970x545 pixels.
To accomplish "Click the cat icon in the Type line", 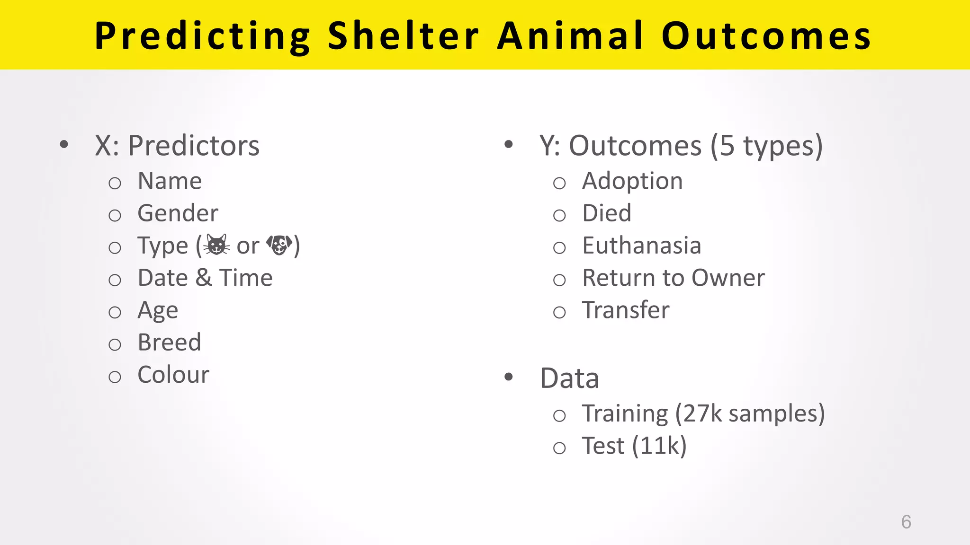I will pos(217,245).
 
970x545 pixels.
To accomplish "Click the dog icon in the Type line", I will pos(279,245).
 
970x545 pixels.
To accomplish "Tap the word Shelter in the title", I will pos(403,36).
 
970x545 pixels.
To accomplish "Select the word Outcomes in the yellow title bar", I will pos(766,36).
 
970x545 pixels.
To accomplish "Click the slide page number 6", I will pos(906,522).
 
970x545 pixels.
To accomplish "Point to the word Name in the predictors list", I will pos(170,181).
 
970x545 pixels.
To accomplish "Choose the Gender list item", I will pos(178,213).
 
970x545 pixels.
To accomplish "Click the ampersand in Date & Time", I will pos(203,278).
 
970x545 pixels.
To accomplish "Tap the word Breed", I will pos(169,343).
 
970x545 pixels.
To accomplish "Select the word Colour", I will pos(173,375).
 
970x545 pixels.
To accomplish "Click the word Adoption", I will pos(632,181).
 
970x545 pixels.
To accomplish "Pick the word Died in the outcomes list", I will pos(607,213).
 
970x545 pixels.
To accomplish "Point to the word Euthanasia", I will pos(641,246).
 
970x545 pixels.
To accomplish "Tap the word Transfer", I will pos(626,310).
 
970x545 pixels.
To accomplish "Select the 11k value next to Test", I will pos(659,446).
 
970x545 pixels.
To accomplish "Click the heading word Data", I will pos(569,378).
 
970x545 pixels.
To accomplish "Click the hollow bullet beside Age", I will pos(115,312).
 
